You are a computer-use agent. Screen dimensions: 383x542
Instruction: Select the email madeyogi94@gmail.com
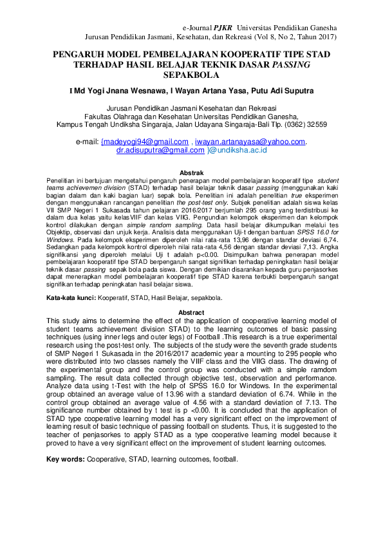point(145,142)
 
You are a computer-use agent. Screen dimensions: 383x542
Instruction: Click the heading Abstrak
point(191,174)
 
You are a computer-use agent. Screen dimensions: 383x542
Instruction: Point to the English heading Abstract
point(191,312)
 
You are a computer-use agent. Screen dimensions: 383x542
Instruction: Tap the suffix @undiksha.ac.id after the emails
point(239,150)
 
